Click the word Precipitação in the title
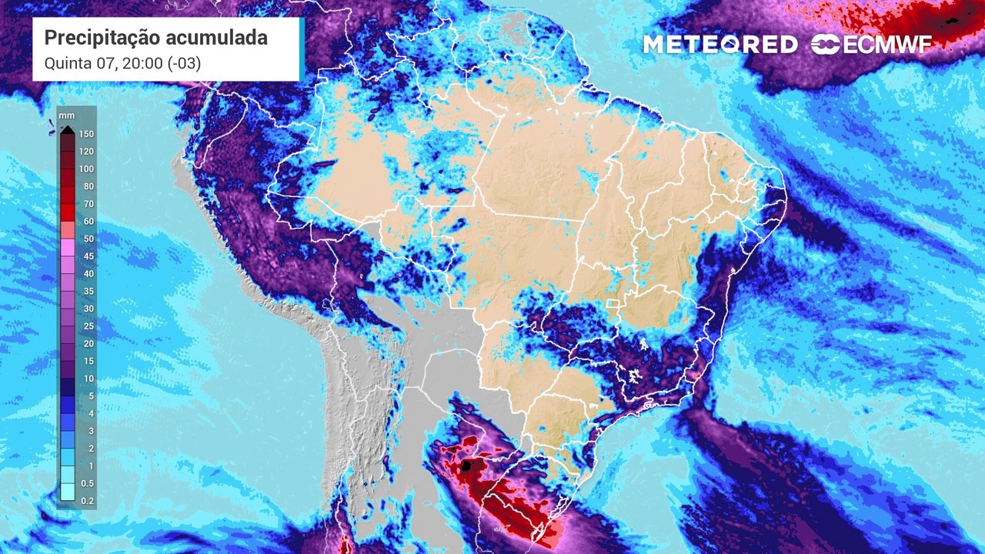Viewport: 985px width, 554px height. pyautogui.click(x=95, y=38)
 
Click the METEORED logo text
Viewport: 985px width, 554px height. pyautogui.click(x=720, y=45)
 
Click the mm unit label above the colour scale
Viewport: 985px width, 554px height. pyautogui.click(x=67, y=115)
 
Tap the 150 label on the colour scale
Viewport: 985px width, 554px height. pyautogui.click(x=86, y=134)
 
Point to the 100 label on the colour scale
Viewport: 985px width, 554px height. pyautogui.click(x=86, y=169)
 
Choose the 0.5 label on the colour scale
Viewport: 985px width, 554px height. pyautogui.click(x=86, y=483)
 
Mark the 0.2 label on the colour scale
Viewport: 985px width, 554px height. pyautogui.click(x=86, y=501)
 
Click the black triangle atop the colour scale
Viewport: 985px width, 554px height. pyautogui.click(x=68, y=129)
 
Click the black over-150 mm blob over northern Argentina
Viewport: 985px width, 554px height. pyautogui.click(x=466, y=466)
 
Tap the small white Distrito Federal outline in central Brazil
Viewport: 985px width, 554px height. pyautogui.click(x=613, y=305)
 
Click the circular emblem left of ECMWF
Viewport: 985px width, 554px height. pyautogui.click(x=826, y=45)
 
